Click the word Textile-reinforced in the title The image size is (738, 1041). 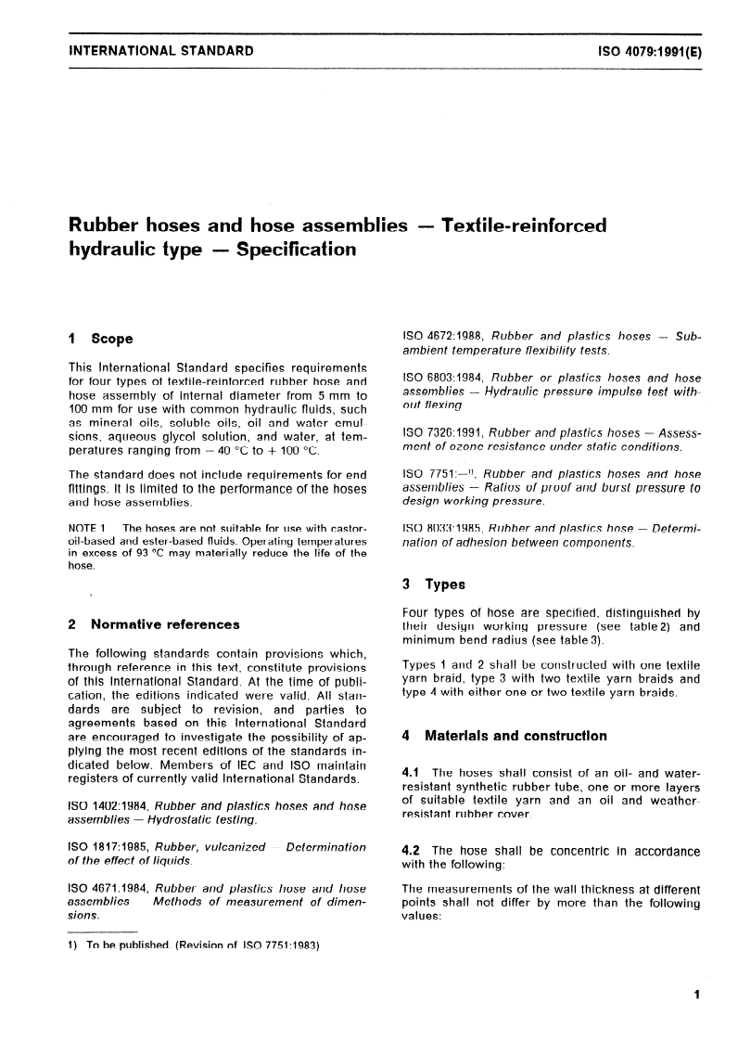(x=524, y=225)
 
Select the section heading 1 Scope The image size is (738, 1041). (x=101, y=339)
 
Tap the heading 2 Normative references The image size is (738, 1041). (x=154, y=624)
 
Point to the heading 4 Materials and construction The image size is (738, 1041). (x=503, y=736)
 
